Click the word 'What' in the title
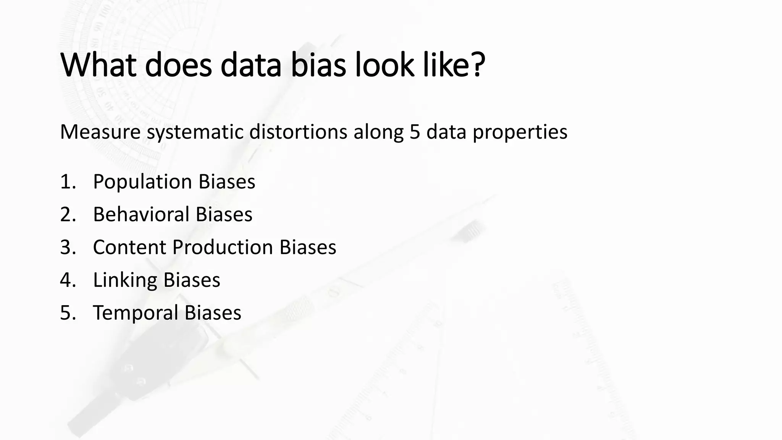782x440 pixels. tap(99, 65)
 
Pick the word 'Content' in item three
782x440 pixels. tap(129, 247)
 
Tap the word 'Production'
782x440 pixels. tap(223, 247)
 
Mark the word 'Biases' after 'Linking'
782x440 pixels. tap(192, 280)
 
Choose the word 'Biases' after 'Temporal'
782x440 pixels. tap(213, 313)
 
